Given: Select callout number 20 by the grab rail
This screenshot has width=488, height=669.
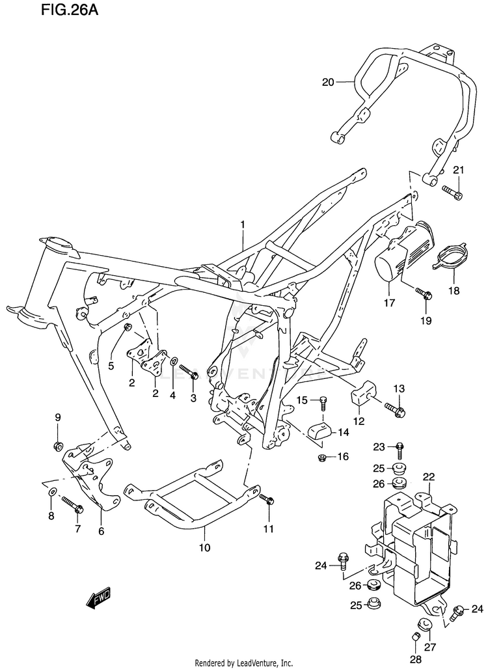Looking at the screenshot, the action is (x=328, y=81).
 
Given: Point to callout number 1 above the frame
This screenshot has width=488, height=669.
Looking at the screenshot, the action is (x=243, y=225).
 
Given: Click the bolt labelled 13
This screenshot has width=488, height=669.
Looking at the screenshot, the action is (x=395, y=409).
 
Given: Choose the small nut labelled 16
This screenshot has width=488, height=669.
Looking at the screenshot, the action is (x=323, y=457).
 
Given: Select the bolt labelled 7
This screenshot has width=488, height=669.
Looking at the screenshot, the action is (x=73, y=504).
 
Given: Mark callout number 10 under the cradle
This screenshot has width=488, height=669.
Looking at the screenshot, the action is (x=205, y=547).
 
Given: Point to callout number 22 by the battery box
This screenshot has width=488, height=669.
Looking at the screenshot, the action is (x=429, y=477).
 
